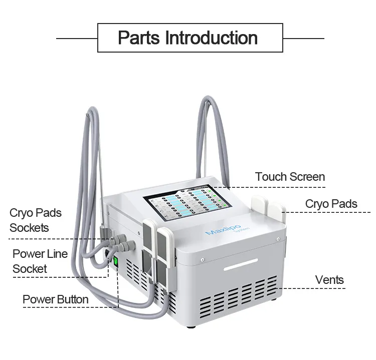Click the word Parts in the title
[x=139, y=38]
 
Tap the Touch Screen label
[x=290, y=177]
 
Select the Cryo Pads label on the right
[x=331, y=204]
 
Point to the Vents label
[x=329, y=279]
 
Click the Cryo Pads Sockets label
[x=35, y=220]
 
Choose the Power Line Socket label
[x=40, y=261]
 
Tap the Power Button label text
[x=55, y=300]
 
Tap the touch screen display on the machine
[x=185, y=205]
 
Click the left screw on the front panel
[x=201, y=260]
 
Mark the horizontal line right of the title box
[x=303, y=38]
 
